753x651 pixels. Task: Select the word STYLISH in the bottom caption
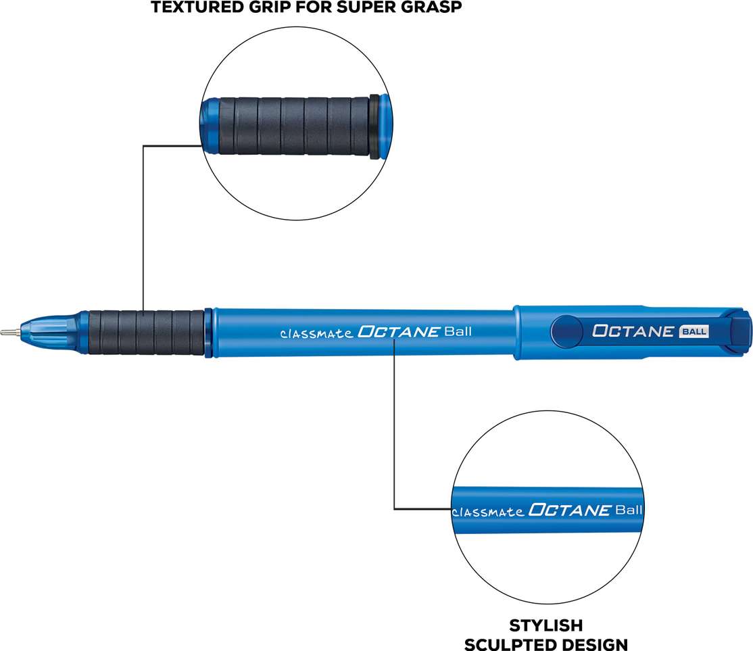pyautogui.click(x=546, y=625)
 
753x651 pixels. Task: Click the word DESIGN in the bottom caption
pyautogui.click(x=595, y=644)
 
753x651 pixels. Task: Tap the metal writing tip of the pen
pyautogui.click(x=9, y=332)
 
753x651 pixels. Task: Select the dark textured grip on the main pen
pyautogui.click(x=147, y=333)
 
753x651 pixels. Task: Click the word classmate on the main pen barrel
pyautogui.click(x=316, y=333)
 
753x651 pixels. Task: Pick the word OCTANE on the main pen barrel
pyautogui.click(x=399, y=332)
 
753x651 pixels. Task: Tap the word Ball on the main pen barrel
pyautogui.click(x=458, y=331)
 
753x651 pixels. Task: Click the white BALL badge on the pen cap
pyautogui.click(x=694, y=331)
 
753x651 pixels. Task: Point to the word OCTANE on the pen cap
pyautogui.click(x=633, y=331)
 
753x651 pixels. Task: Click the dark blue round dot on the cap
pyautogui.click(x=566, y=331)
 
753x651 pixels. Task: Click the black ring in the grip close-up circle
pyautogui.click(x=374, y=127)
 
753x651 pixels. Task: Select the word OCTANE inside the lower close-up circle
pyautogui.click(x=570, y=510)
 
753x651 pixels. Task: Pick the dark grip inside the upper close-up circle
pyautogui.click(x=294, y=126)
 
